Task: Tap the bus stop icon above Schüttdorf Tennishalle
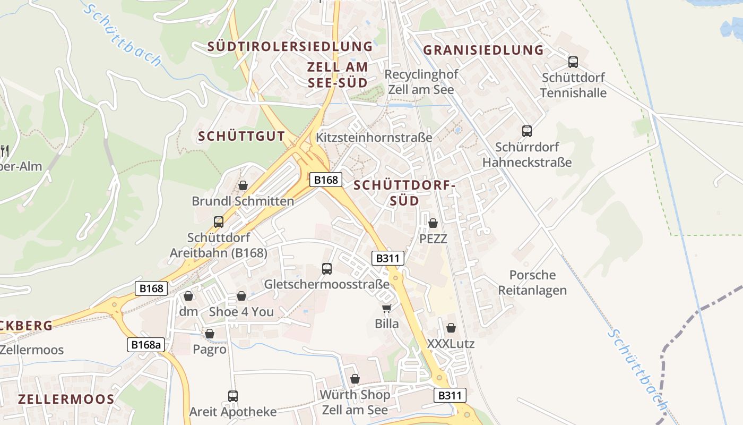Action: point(573,62)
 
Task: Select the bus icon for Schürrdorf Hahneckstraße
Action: point(527,131)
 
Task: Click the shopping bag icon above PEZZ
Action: point(433,223)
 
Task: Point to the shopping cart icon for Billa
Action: point(387,308)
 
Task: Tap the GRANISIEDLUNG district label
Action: point(483,50)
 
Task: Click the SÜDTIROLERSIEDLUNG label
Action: point(290,46)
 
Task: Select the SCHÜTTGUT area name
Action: point(241,136)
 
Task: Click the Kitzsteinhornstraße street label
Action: point(374,137)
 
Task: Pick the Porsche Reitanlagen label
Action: point(532,283)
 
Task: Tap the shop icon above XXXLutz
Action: point(451,328)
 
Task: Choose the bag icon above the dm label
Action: point(188,296)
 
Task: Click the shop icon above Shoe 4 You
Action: point(241,296)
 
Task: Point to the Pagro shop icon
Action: point(210,334)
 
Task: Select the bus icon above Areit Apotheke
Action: point(233,396)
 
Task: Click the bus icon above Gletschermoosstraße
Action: point(327,269)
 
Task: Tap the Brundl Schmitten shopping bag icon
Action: point(243,185)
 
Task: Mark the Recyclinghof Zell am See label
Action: point(421,82)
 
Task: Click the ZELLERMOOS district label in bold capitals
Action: point(66,399)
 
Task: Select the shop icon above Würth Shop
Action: point(355,379)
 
